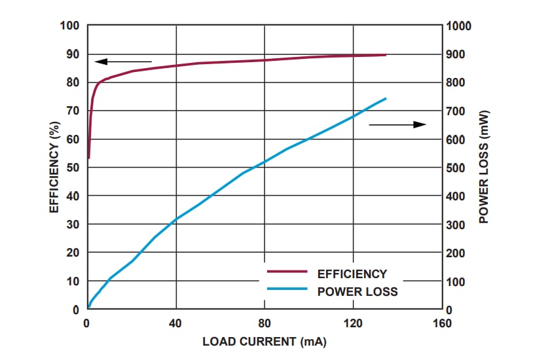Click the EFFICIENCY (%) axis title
click(x=55, y=167)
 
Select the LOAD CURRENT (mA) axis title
click(x=264, y=342)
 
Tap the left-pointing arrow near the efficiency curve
click(x=122, y=62)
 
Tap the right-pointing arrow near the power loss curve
click(x=397, y=124)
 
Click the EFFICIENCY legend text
click(x=352, y=274)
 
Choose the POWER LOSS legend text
click(x=357, y=291)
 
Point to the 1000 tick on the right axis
click(x=458, y=26)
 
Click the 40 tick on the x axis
click(x=175, y=323)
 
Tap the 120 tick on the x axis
click(x=353, y=323)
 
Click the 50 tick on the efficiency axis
click(x=75, y=168)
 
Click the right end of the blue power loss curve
click(x=386, y=99)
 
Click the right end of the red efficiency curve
click(x=386, y=55)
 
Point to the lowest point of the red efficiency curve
click(x=88, y=158)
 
